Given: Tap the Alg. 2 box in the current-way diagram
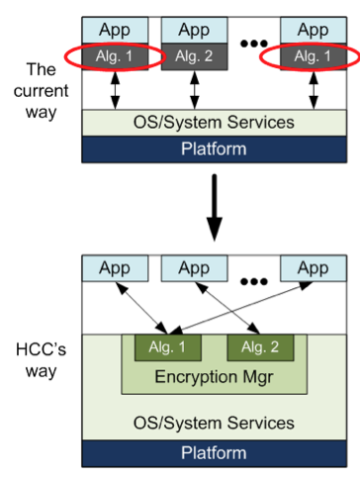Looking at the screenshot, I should (x=195, y=56).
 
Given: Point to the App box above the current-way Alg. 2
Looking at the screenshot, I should (x=195, y=30).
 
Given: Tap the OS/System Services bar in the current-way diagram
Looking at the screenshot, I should (x=213, y=122).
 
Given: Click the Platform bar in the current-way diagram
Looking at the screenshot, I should (x=213, y=149).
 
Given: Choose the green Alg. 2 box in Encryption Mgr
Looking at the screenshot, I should (x=258, y=348).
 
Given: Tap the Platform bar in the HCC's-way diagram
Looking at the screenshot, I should (x=213, y=452).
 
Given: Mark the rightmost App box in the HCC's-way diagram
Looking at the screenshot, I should (x=312, y=268).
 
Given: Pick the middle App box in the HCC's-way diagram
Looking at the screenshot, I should (x=195, y=268).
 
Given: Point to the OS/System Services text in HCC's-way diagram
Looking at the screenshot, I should (x=213, y=423).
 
